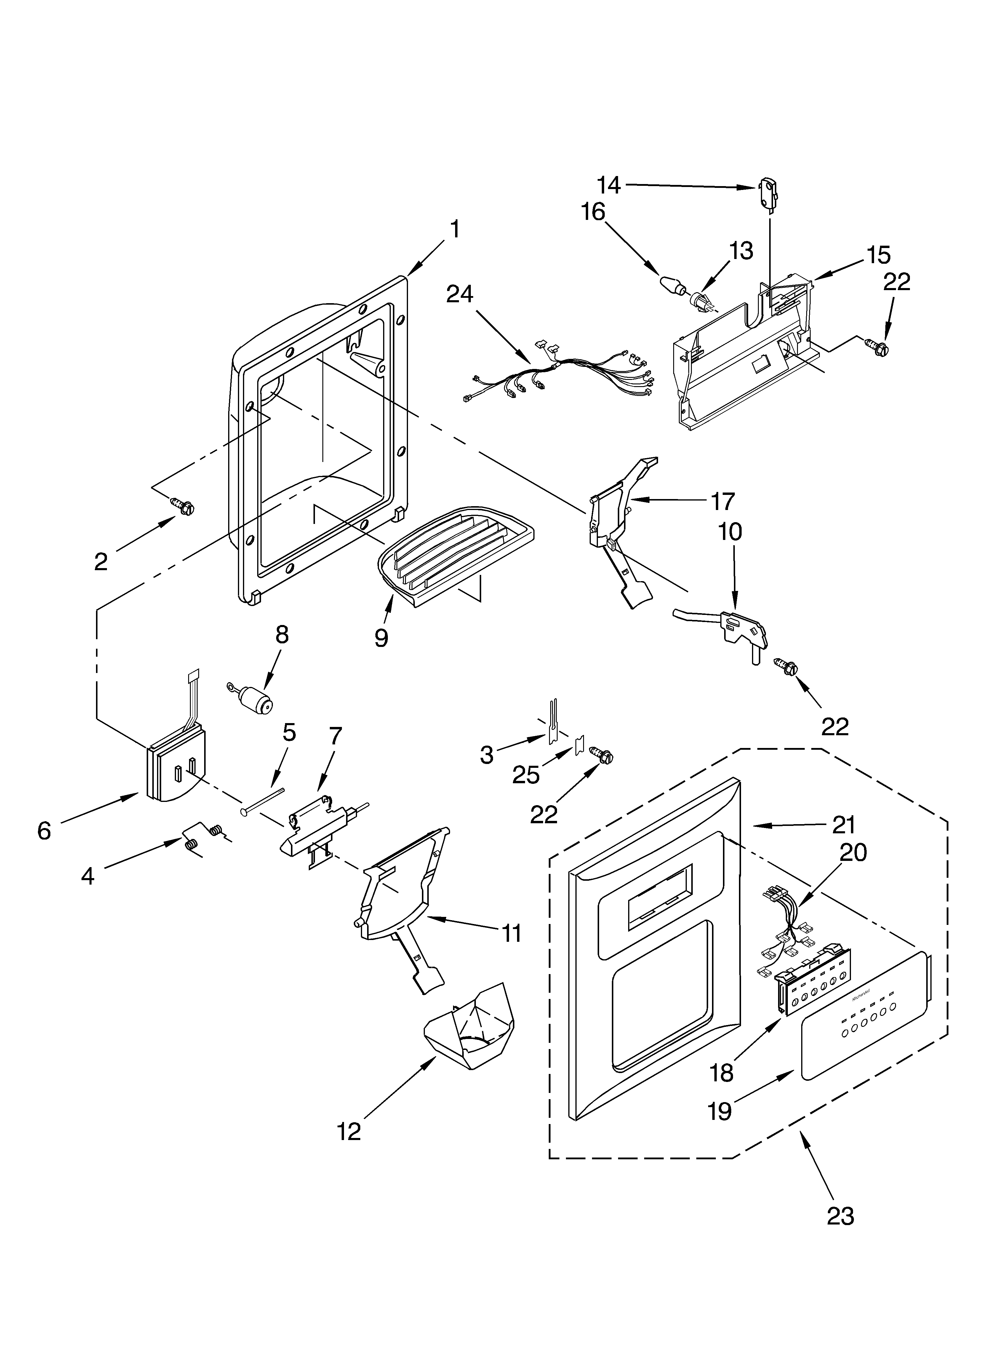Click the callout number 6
(x=44, y=831)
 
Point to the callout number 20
(x=852, y=852)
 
